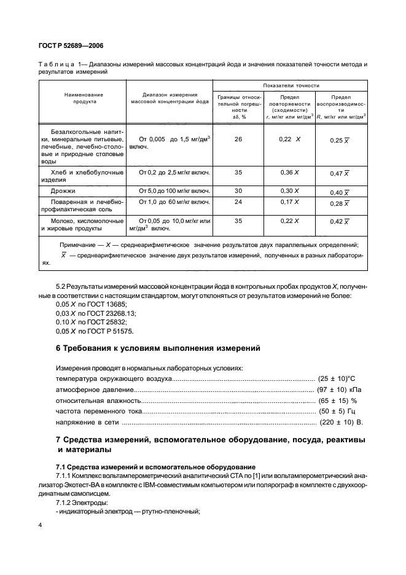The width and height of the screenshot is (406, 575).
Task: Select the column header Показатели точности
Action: pos(291,85)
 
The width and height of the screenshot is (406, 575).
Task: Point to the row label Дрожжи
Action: pos(68,191)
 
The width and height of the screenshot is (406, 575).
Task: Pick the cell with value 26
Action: pos(238,139)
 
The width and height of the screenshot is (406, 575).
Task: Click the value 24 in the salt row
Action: pos(238,202)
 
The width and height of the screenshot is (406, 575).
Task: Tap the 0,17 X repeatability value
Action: pos(289,202)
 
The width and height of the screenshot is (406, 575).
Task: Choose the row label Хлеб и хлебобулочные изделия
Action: pos(82,177)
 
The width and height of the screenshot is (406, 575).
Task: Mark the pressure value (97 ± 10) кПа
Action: pos(340,389)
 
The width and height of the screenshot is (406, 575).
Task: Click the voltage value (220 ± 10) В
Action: pos(342,423)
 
